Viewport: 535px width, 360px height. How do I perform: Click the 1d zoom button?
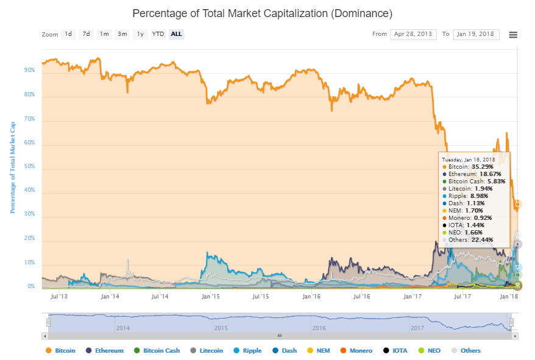[x=68, y=34]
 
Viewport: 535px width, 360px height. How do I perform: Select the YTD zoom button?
[x=158, y=34]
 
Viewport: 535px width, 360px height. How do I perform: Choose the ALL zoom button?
[x=176, y=34]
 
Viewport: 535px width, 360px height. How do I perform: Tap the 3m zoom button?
[x=122, y=34]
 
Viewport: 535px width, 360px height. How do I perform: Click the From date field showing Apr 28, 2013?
[x=413, y=34]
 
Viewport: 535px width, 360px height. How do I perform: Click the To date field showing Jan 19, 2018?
[x=476, y=34]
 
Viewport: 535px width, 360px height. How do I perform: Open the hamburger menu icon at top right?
[x=513, y=35]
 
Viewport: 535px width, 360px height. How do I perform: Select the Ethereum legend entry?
[x=105, y=350]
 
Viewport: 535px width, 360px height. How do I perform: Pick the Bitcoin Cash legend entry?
[x=157, y=350]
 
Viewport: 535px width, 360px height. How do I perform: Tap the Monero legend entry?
[x=356, y=350]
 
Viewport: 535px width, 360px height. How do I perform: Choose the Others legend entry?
[x=466, y=350]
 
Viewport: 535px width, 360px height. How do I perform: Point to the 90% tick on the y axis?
[x=29, y=70]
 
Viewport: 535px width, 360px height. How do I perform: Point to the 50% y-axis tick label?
[x=29, y=166]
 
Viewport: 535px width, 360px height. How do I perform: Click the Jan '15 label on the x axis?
[x=211, y=297]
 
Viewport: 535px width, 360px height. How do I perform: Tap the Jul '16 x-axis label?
[x=362, y=297]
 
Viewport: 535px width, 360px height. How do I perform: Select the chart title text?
[x=262, y=13]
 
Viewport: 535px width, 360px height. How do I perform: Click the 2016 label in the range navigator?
[x=319, y=328]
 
